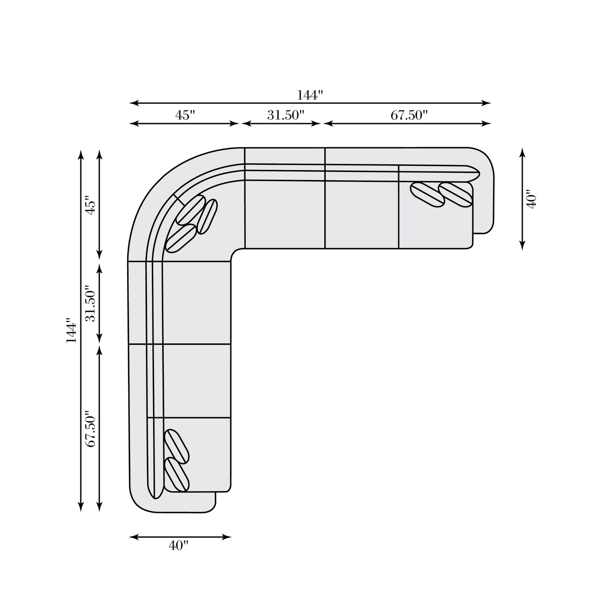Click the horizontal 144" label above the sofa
click(x=310, y=95)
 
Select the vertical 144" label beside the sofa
click(x=71, y=331)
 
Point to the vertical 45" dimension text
click(x=90, y=206)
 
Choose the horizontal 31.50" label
click(x=286, y=116)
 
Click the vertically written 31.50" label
click(x=90, y=303)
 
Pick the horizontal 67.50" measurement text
click(x=409, y=116)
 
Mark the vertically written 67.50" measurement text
click(x=90, y=429)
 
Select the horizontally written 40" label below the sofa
click(x=179, y=546)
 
